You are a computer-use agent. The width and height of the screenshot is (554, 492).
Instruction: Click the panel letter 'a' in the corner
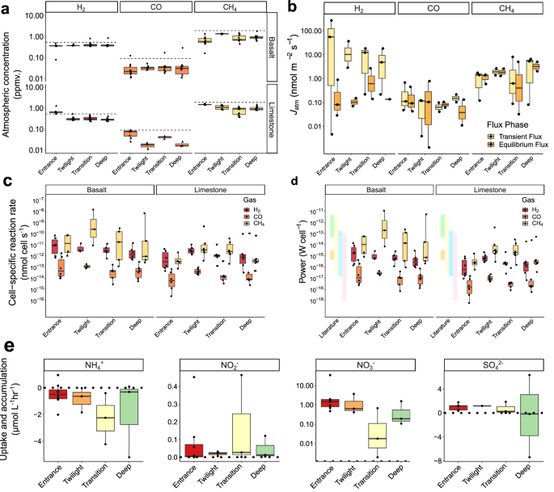[6, 6]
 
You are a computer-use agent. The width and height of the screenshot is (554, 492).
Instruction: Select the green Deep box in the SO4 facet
[531, 414]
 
